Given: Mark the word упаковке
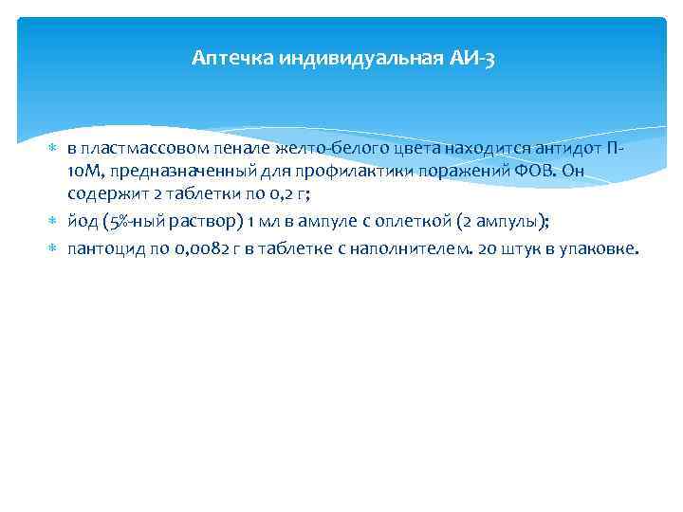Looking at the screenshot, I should pyautogui.click(x=600, y=248).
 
